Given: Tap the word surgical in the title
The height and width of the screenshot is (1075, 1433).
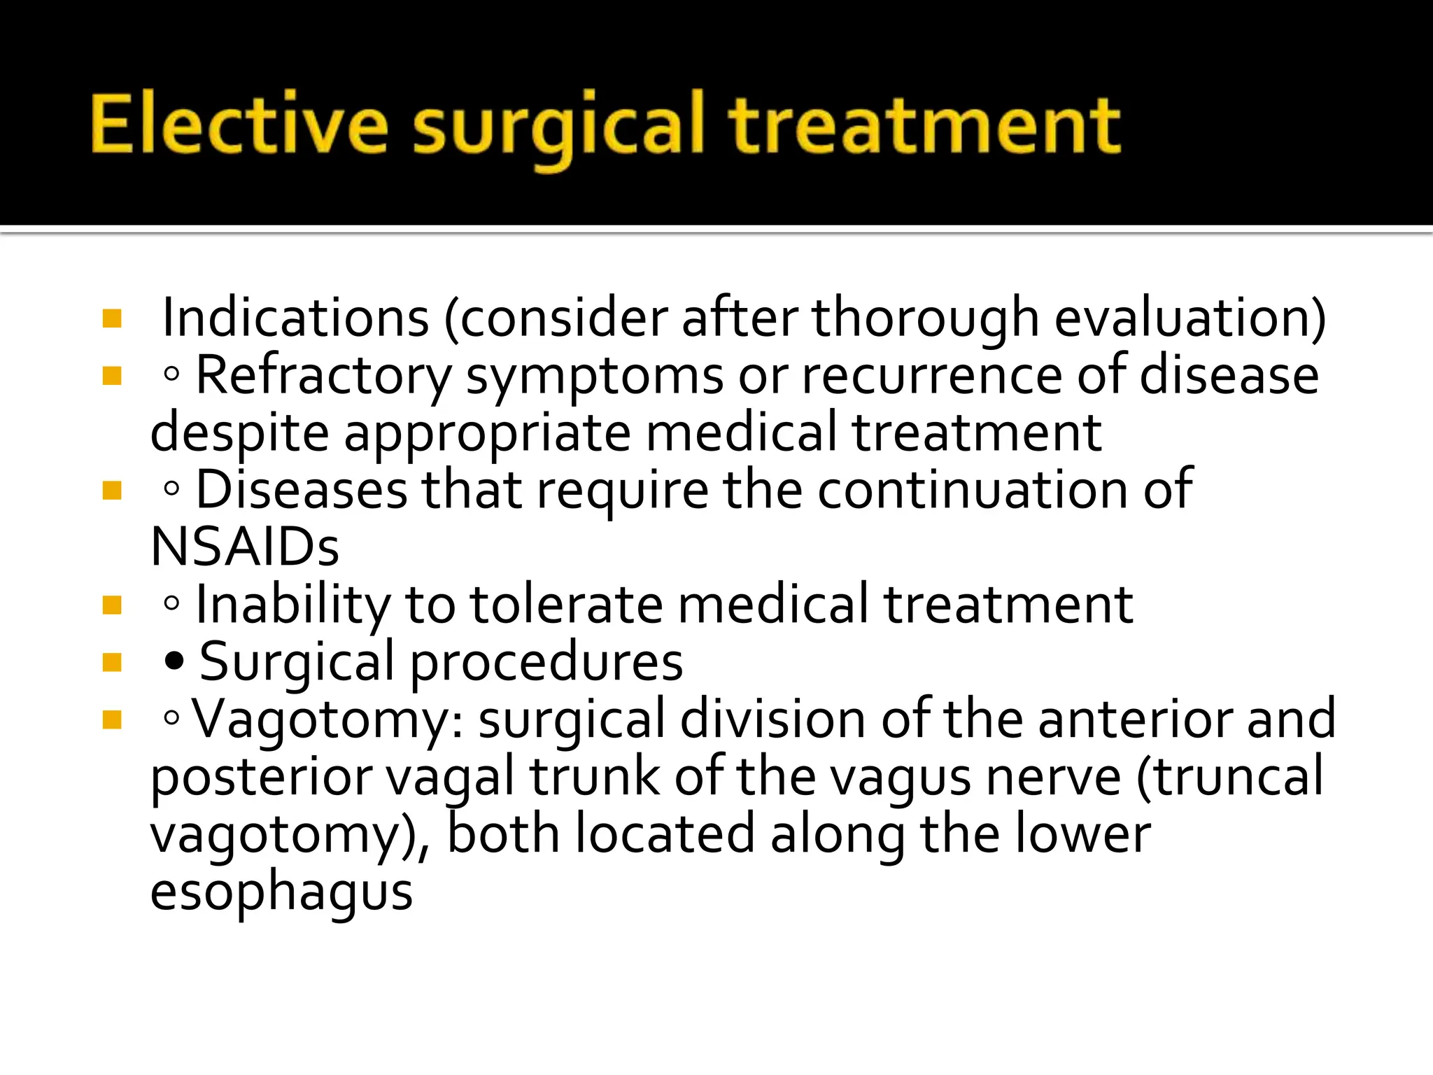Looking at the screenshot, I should (x=557, y=127).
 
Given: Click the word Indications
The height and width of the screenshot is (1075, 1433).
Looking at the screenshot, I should (x=295, y=318).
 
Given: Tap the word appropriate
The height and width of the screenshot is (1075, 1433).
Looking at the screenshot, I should (x=488, y=433).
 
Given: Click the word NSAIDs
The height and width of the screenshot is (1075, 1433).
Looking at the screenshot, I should (x=245, y=547).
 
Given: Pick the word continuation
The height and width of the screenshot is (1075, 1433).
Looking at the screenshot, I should (x=973, y=490).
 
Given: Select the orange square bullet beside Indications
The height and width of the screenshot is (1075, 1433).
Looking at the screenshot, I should (x=112, y=319).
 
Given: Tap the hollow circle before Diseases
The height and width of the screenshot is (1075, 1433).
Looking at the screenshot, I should (x=171, y=489).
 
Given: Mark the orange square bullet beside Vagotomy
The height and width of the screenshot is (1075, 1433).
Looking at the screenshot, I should (x=112, y=719).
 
